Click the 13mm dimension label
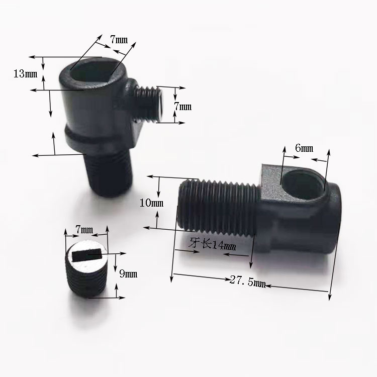(26, 73)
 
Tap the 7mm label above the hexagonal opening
(119, 40)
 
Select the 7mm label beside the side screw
(183, 107)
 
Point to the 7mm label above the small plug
(84, 230)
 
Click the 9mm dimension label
(128, 274)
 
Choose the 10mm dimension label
(151, 203)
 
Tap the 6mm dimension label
(304, 148)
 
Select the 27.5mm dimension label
(248, 281)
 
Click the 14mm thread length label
(224, 245)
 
